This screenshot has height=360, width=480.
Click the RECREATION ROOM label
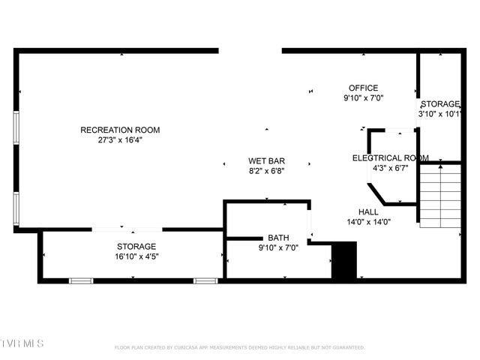click(120, 130)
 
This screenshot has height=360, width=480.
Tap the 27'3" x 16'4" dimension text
click(120, 139)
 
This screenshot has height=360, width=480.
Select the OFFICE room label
click(364, 88)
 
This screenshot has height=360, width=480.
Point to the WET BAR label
click(266, 160)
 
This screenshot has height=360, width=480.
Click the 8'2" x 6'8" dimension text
click(266, 170)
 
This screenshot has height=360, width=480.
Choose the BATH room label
click(279, 238)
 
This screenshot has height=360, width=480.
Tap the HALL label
click(368, 211)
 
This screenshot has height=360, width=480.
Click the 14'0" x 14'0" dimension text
click(368, 221)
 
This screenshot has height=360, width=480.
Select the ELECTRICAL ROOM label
click(391, 157)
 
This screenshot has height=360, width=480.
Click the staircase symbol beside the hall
click(439, 196)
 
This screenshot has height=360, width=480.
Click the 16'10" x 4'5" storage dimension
click(136, 256)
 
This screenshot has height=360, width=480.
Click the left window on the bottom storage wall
click(81, 280)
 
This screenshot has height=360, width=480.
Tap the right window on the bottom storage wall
click(205, 280)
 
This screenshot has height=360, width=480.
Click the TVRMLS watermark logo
click(22, 343)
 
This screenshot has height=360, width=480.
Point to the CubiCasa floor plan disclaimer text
click(240, 347)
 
